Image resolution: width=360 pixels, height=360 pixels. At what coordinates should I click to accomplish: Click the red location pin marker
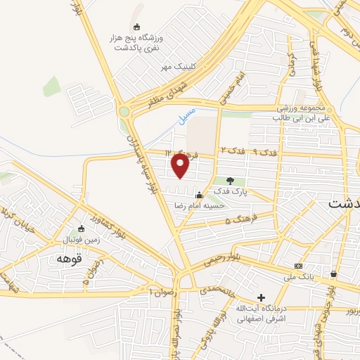click(181, 166)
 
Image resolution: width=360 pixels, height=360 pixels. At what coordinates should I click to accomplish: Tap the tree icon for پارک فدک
click(230, 181)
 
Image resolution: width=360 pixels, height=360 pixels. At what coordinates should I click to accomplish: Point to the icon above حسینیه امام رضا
click(199, 195)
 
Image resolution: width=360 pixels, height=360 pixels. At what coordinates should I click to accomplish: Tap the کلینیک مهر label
click(176, 67)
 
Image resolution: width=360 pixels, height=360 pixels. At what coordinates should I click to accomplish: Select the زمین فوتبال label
click(77, 240)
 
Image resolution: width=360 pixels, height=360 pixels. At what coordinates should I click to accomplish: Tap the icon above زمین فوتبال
click(79, 229)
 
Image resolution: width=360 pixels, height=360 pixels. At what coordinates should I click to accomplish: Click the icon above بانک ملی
click(299, 266)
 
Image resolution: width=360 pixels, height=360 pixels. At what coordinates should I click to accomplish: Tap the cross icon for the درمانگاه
click(261, 297)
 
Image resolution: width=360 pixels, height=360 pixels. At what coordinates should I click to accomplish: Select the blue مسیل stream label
click(188, 115)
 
